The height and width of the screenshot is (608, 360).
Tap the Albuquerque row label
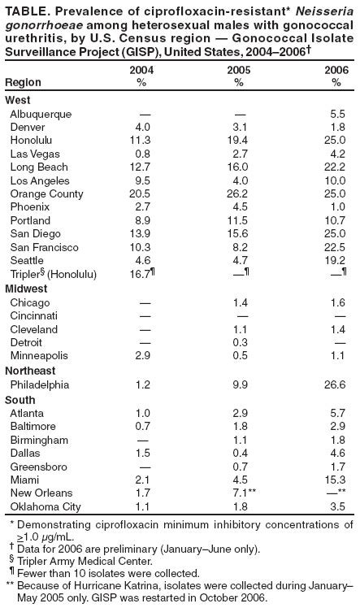click(x=41, y=115)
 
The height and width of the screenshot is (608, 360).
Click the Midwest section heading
click(x=25, y=289)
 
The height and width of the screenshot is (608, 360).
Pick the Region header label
click(x=22, y=83)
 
